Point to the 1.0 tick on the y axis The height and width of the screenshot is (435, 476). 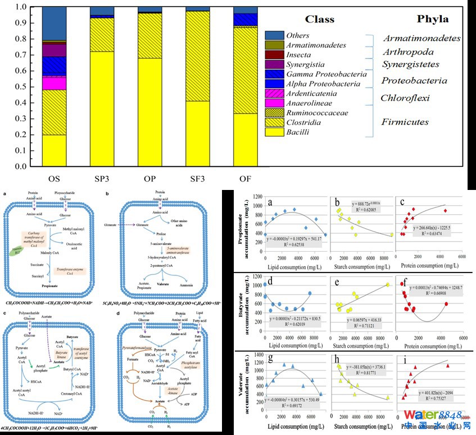pos(21,8)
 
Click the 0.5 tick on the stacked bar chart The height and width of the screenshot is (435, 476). pos(21,87)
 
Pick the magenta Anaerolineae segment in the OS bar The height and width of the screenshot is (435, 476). pos(54,83)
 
